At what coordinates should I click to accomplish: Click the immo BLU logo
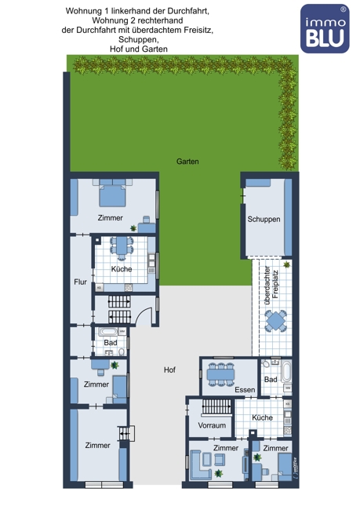click(325, 28)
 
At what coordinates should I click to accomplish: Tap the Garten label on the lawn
click(187, 162)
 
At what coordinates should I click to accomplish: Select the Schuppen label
click(264, 219)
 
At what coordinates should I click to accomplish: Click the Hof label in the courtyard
click(169, 370)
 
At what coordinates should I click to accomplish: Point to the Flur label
click(80, 282)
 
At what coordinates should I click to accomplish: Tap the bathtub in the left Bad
click(108, 331)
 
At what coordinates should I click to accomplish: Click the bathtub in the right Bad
click(286, 371)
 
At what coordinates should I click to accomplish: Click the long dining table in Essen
click(221, 374)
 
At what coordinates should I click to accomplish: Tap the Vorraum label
click(212, 425)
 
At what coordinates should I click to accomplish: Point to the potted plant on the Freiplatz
click(287, 264)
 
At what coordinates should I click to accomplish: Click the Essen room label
click(245, 390)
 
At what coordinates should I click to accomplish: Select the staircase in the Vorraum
click(216, 407)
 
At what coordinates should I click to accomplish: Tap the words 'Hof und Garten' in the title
click(139, 49)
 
